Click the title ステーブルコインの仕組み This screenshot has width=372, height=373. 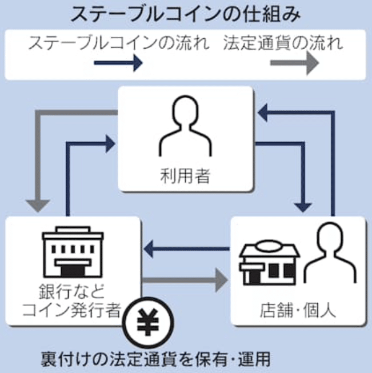tap(185, 14)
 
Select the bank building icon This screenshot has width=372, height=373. tap(73, 252)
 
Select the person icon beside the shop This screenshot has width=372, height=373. tap(330, 254)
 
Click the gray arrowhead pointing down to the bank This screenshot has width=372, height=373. tap(39, 204)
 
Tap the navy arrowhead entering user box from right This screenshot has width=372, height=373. tap(263, 114)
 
